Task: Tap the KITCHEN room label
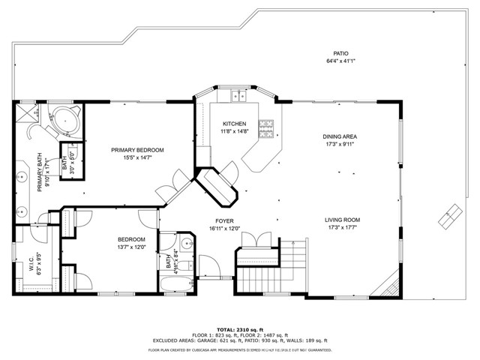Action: point(234,124)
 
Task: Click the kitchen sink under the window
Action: point(239,95)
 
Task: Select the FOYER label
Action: point(223,220)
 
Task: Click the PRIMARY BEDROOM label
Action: point(137,150)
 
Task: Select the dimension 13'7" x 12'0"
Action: point(130,247)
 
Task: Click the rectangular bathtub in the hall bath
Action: point(175,286)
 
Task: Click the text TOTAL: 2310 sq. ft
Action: point(239,330)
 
